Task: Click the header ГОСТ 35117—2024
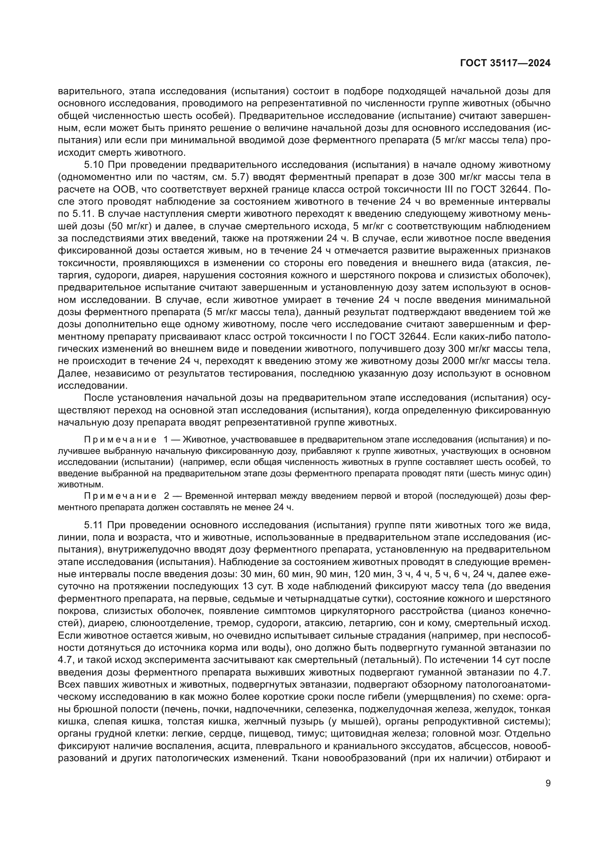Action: (505, 63)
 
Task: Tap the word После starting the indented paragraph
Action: (99, 398)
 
